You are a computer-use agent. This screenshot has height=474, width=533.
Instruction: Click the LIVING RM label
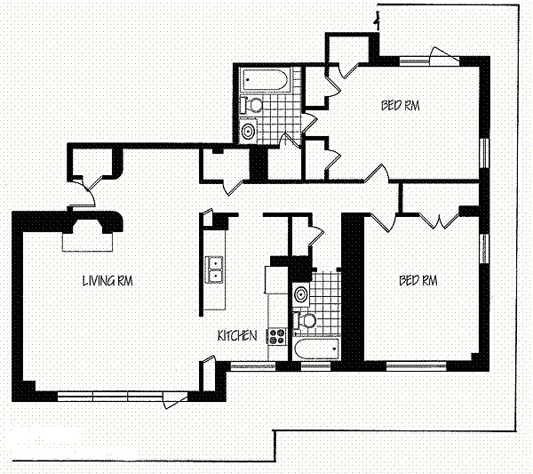click(107, 281)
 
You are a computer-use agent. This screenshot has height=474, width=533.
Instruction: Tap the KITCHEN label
click(237, 336)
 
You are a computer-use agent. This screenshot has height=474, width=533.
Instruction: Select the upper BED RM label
click(400, 106)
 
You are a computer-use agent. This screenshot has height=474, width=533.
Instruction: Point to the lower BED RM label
click(418, 281)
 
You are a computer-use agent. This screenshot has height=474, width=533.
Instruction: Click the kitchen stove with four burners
click(277, 337)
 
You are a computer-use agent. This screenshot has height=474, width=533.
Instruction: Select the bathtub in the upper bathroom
click(264, 80)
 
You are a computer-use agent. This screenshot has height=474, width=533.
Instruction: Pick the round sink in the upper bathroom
click(248, 131)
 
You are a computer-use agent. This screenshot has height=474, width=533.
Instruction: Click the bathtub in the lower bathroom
click(316, 349)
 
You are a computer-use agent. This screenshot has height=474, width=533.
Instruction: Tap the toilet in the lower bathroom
click(305, 320)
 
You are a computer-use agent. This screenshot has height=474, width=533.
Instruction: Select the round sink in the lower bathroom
click(301, 294)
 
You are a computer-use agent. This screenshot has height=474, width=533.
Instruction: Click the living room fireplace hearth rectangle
click(87, 242)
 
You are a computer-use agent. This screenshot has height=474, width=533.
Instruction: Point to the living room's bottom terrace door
click(175, 400)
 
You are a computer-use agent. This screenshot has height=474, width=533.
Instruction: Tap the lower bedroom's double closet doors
click(439, 221)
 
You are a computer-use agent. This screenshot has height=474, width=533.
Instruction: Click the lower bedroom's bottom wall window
click(416, 366)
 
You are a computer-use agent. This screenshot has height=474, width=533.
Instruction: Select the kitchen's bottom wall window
click(252, 366)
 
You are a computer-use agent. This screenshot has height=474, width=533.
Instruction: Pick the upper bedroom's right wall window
click(484, 153)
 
